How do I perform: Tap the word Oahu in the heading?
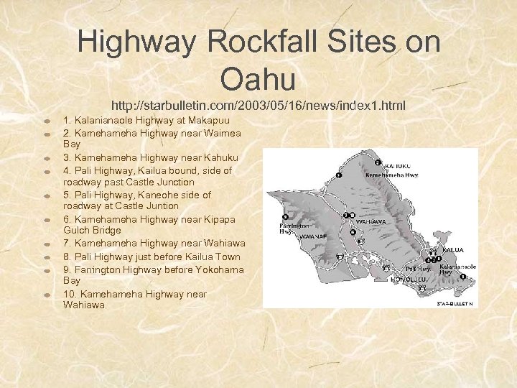tap(258, 79)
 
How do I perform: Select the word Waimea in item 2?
tap(223, 132)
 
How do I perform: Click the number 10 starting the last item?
tap(70, 293)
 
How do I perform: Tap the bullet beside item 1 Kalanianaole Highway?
tap(45, 121)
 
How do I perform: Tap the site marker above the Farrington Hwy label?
tap(285, 217)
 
